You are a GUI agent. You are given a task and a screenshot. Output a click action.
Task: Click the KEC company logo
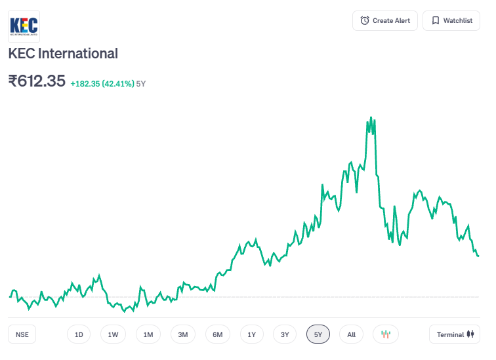[24, 27]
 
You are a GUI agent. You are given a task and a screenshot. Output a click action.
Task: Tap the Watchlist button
[451, 21]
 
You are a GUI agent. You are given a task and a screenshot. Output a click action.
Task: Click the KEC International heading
[63, 54]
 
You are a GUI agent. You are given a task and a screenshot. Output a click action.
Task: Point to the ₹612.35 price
[37, 81]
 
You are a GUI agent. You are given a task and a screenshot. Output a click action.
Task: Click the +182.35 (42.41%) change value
[102, 84]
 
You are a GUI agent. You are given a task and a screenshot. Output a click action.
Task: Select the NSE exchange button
[22, 334]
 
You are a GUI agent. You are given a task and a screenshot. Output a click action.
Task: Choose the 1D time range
[79, 334]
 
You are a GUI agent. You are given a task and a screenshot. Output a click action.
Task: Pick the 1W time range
[113, 334]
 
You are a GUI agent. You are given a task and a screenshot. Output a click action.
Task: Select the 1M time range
[148, 334]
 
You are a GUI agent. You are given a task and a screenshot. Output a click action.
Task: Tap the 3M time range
[182, 334]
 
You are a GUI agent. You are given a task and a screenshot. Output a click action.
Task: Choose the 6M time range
[217, 334]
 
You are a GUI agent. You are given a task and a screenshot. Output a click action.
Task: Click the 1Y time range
[251, 334]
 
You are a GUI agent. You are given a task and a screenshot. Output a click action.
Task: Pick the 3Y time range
[285, 334]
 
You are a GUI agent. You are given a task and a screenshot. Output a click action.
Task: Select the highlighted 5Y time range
[318, 334]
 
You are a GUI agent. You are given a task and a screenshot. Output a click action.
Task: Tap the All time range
[351, 334]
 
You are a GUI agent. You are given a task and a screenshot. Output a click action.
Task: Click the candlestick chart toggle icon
[385, 334]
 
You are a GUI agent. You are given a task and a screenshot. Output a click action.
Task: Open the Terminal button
[455, 334]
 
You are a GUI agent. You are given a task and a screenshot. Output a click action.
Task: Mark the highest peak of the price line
[371, 118]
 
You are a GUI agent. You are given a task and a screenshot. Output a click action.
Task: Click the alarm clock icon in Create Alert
[365, 21]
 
